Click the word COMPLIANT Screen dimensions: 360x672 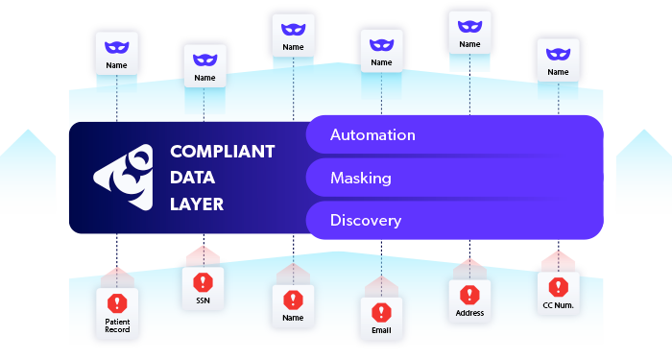[222, 152]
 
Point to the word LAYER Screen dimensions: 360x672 [196, 204]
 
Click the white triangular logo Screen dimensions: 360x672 [122, 178]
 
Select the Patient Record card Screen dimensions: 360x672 [117, 313]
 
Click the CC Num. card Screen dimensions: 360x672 [558, 294]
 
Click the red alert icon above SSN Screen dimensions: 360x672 [203, 282]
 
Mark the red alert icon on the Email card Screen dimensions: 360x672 [381, 312]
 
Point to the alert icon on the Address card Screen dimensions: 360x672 [469, 294]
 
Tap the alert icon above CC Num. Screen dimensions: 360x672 [558, 286]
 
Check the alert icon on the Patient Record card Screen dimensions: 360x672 [117, 300]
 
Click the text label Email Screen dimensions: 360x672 [381, 332]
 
